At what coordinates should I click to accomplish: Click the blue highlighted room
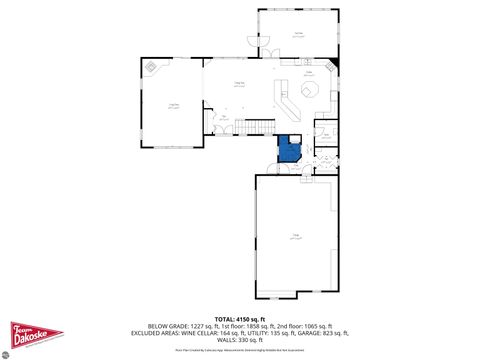point(290,150)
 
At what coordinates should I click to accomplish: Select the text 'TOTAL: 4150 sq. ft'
point(240,318)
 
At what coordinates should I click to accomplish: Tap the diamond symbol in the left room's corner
point(152,67)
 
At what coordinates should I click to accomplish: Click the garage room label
point(296,235)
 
